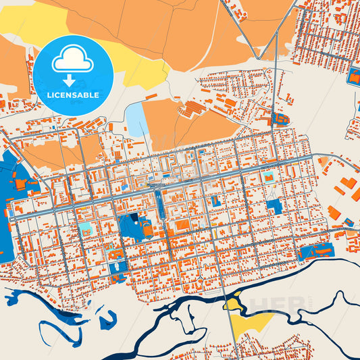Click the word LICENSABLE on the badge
[73, 95]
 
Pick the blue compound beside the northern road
[280, 120]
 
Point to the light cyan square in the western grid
[87, 229]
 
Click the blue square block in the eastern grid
[274, 207]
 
